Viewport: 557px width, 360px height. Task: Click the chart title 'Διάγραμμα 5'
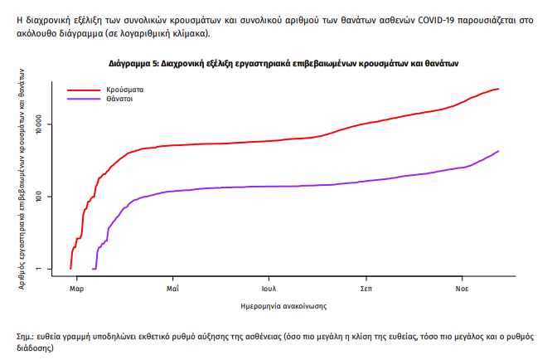click(284, 63)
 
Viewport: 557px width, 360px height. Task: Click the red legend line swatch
click(82, 88)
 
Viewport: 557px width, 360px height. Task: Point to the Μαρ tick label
click(77, 289)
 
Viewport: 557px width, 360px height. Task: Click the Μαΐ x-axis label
click(173, 289)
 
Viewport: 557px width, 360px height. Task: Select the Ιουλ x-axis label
click(269, 289)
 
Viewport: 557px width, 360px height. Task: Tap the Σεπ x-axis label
click(366, 289)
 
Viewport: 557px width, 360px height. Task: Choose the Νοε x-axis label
click(462, 289)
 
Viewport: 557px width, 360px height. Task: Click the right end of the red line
click(498, 89)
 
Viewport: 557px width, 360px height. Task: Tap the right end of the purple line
click(498, 151)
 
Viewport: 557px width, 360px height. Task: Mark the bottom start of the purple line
click(92, 269)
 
